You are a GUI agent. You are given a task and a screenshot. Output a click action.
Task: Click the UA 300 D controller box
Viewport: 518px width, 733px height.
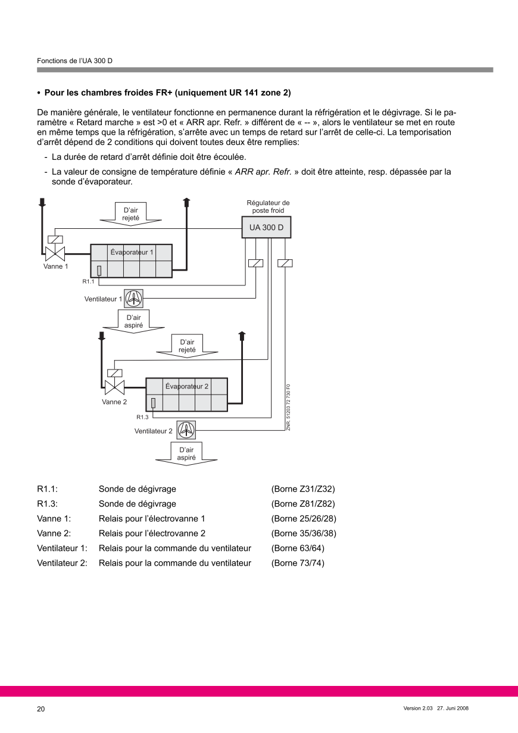[x=266, y=228]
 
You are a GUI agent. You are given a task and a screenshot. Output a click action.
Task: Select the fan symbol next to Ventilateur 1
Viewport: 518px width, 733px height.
[x=134, y=298]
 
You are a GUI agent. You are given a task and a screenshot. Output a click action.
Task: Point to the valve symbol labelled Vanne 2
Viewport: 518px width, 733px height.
[x=114, y=387]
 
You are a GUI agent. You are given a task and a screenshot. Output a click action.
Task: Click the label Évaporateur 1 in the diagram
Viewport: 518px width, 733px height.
[x=132, y=252]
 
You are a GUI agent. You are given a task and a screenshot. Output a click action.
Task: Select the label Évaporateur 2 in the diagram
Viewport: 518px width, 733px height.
[x=187, y=386]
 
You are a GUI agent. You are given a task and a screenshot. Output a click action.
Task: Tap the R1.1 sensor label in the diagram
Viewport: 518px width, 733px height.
[x=88, y=281]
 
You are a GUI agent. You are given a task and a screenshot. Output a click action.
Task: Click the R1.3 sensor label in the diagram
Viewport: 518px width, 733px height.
[x=142, y=417]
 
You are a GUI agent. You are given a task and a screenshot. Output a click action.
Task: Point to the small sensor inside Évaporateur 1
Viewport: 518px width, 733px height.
[x=99, y=270]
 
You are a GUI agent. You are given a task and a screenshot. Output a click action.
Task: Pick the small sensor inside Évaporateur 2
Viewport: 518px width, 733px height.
[x=154, y=403]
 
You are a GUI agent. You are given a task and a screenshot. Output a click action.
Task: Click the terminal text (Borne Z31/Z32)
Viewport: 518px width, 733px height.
[x=303, y=489]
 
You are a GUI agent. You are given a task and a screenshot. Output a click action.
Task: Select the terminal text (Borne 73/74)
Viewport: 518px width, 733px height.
[x=298, y=563]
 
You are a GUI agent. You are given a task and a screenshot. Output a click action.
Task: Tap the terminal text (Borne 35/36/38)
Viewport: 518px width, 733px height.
[x=304, y=533]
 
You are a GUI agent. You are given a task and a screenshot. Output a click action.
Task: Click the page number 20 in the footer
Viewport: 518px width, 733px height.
[x=41, y=709]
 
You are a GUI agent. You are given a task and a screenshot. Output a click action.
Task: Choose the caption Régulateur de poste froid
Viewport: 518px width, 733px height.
[x=268, y=207]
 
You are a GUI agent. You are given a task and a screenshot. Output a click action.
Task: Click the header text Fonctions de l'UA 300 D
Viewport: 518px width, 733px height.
[x=74, y=61]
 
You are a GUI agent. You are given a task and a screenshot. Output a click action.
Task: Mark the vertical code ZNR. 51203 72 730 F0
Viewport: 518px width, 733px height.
[x=288, y=408]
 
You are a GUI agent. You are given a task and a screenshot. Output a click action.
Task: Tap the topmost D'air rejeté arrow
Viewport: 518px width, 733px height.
[x=131, y=214]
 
